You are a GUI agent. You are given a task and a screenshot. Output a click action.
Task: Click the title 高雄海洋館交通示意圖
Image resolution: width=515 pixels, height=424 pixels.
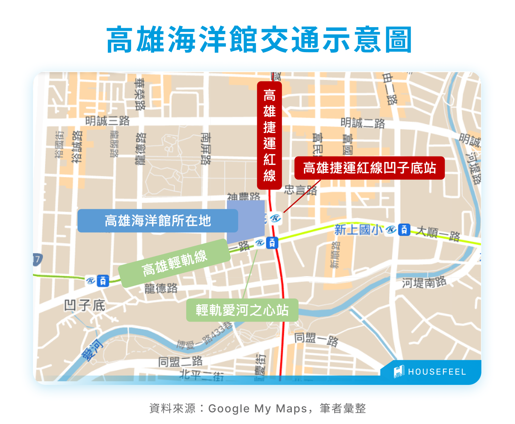tap(259, 40)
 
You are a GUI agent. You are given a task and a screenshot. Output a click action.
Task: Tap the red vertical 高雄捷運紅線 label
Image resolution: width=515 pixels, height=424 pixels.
tap(270, 135)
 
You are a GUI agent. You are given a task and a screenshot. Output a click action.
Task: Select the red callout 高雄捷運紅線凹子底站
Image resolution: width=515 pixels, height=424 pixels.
tap(369, 168)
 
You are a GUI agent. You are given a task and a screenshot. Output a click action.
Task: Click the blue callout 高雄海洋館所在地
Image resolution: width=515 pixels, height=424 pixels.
tap(158, 221)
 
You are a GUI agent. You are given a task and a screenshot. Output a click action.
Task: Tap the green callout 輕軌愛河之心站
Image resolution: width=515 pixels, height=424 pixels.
tap(242, 310)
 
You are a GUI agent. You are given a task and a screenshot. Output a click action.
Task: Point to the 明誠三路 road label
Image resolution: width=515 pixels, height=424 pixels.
tap(107, 121)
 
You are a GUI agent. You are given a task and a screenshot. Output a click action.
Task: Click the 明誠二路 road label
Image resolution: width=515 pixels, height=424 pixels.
tap(363, 123)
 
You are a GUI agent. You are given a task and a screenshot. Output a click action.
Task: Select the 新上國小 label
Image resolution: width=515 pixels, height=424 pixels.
tap(358, 230)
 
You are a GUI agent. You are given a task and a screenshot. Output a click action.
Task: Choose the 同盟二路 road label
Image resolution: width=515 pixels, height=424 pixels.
tap(180, 361)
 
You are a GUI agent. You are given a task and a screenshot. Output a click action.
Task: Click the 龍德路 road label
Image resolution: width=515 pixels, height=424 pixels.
tap(161, 288)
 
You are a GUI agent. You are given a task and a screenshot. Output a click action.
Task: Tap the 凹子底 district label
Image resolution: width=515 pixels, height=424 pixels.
tap(84, 305)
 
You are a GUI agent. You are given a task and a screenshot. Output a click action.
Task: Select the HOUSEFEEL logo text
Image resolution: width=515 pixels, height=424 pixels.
tap(437, 372)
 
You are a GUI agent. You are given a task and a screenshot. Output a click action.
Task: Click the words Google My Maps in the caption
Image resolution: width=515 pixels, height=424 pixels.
tap(257, 409)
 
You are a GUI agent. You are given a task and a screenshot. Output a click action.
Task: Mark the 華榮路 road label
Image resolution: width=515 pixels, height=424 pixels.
tap(140, 94)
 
